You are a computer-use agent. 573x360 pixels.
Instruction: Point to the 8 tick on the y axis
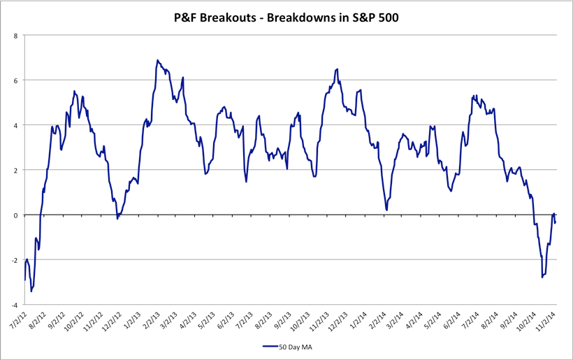pos(15,35)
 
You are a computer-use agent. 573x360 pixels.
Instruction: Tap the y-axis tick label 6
pos(15,80)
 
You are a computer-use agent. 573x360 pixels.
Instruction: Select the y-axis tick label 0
pos(15,215)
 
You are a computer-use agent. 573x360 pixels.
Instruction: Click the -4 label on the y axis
pos(14,305)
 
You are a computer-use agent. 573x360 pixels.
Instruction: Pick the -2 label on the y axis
pos(14,260)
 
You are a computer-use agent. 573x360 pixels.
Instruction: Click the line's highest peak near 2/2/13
pos(157,60)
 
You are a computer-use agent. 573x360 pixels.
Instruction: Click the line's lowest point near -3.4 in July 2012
pos(31,291)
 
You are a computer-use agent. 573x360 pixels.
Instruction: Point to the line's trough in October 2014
pos(542,278)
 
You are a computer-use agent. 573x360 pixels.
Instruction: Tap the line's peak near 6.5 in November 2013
pos(338,69)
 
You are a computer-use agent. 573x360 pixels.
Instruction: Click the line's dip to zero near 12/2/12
pos(117,219)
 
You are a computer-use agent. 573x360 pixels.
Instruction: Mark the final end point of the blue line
pos(555,222)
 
